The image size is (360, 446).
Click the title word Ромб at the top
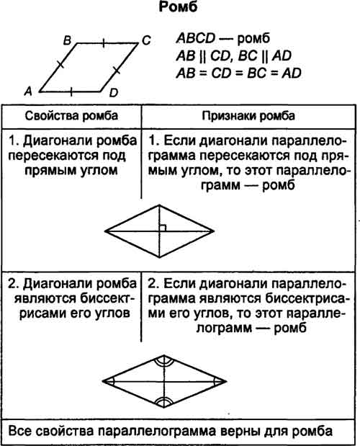178,7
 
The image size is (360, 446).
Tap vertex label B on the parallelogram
67,40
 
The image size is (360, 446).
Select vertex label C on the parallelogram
146,40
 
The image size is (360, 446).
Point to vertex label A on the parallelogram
28,92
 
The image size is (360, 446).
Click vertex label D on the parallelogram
113,93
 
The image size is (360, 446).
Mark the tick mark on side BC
104,43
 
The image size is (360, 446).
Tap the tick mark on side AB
60,64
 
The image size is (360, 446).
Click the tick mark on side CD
117,70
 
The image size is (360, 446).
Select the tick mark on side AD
71,92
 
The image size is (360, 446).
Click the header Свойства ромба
71,116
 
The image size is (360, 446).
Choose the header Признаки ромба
248,116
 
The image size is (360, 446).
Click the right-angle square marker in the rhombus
163,228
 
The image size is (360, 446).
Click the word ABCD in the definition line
196,38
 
